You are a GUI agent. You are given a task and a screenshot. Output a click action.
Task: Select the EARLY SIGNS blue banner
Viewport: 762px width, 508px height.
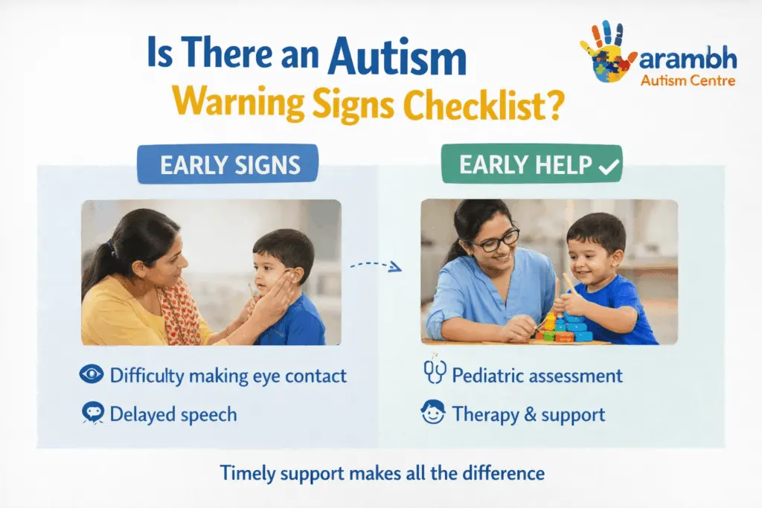(228, 164)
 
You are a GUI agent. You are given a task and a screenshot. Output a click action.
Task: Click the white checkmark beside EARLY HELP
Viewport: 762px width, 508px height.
(608, 167)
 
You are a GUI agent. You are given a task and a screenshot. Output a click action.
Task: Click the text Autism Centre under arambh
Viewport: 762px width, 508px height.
(688, 80)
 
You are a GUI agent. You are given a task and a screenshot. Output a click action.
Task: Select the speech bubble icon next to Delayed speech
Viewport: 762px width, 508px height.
(92, 414)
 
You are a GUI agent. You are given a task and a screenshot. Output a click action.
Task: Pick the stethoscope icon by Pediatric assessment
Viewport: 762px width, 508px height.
(432, 374)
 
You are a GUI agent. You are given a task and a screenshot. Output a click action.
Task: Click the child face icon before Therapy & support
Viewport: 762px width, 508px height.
(432, 413)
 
